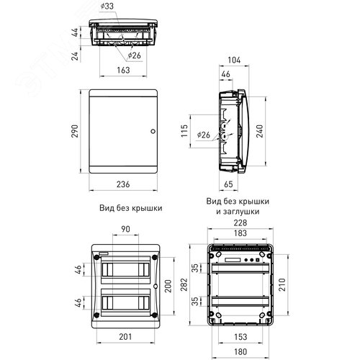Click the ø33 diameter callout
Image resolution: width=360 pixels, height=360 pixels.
click(x=107, y=6)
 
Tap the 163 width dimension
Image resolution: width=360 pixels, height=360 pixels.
click(x=123, y=70)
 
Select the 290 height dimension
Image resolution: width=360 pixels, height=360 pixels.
click(x=75, y=131)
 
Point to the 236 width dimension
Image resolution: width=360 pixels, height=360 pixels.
click(x=123, y=184)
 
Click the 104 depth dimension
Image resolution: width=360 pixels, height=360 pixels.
click(x=234, y=60)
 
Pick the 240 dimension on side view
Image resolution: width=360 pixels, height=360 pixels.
click(x=260, y=131)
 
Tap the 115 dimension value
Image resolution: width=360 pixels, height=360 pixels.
click(x=184, y=131)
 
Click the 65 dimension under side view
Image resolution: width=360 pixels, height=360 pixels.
click(x=228, y=184)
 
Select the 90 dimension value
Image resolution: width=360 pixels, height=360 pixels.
click(x=125, y=229)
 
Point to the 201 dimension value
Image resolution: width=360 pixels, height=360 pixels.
click(x=125, y=337)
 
